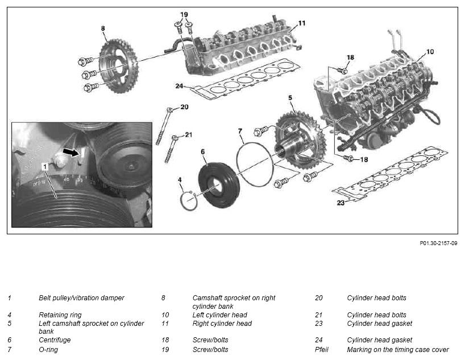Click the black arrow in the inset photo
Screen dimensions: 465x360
pyautogui.click(x=71, y=152)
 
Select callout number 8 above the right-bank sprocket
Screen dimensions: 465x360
pyautogui.click(x=103, y=28)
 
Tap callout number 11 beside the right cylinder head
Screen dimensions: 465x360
pyautogui.click(x=302, y=23)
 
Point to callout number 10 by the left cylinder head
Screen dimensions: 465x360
pyautogui.click(x=430, y=52)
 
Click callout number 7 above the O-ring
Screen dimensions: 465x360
pyautogui.click(x=240, y=131)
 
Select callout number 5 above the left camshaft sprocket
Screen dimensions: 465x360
pyautogui.click(x=290, y=98)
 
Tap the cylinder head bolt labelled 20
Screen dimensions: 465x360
pyautogui.click(x=163, y=126)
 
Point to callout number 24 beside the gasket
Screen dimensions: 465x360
pyautogui.click(x=179, y=86)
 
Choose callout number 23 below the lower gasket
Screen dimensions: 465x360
pyautogui.click(x=341, y=203)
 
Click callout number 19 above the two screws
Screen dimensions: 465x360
pyautogui.click(x=184, y=15)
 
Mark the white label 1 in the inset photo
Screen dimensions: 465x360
pyautogui.click(x=45, y=167)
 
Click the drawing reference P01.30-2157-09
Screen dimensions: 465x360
pyautogui.click(x=438, y=243)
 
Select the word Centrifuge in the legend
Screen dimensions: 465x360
pyautogui.click(x=55, y=340)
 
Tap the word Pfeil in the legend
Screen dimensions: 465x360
pyautogui.click(x=322, y=350)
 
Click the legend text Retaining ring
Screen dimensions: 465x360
pyautogui.click(x=60, y=315)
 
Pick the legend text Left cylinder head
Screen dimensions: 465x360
pyautogui.click(x=219, y=315)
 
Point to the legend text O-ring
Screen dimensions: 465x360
pyautogui.click(x=48, y=350)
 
